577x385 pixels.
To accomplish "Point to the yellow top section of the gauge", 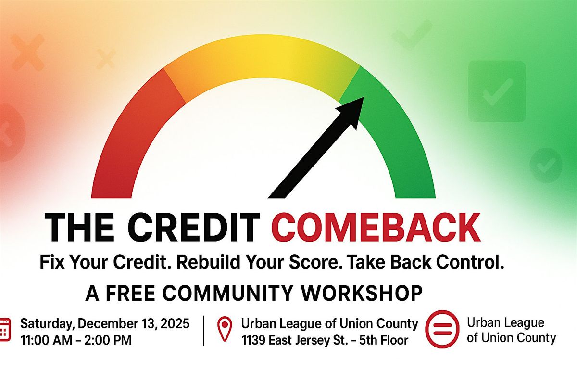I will coord(264,55).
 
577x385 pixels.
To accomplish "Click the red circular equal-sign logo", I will coord(442,330).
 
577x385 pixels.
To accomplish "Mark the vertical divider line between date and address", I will coord(204,331).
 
